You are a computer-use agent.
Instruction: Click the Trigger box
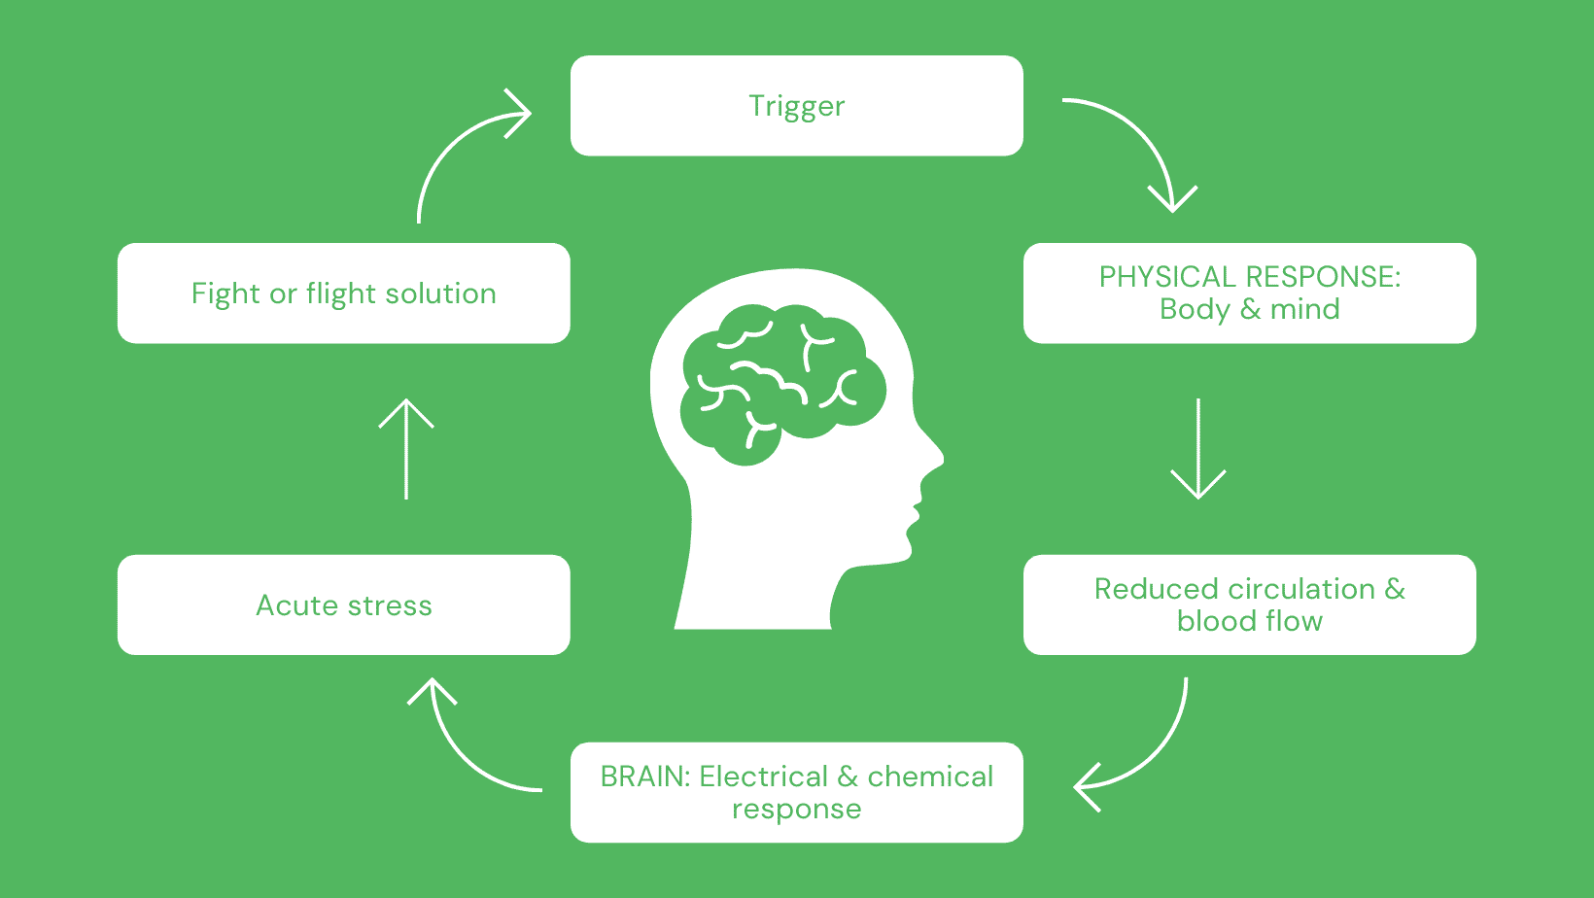[x=796, y=106]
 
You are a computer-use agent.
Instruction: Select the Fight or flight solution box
[x=343, y=294]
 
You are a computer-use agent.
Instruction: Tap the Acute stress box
[x=343, y=605]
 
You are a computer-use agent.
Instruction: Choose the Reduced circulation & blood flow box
[x=1249, y=604]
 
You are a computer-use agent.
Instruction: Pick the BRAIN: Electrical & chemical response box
[x=796, y=792]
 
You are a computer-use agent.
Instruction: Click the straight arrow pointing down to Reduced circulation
[x=1197, y=447]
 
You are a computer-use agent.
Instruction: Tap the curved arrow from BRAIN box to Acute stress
[x=457, y=748]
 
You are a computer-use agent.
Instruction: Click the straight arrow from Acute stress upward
[x=405, y=447]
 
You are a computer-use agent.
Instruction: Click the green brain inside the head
[x=782, y=379]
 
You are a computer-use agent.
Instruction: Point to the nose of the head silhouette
[x=933, y=457]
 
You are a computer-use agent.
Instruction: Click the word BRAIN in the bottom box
[x=644, y=777]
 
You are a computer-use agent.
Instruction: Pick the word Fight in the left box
[x=225, y=294]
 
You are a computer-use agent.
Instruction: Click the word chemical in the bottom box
[x=930, y=777]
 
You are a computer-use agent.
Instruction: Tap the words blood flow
[x=1249, y=621]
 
